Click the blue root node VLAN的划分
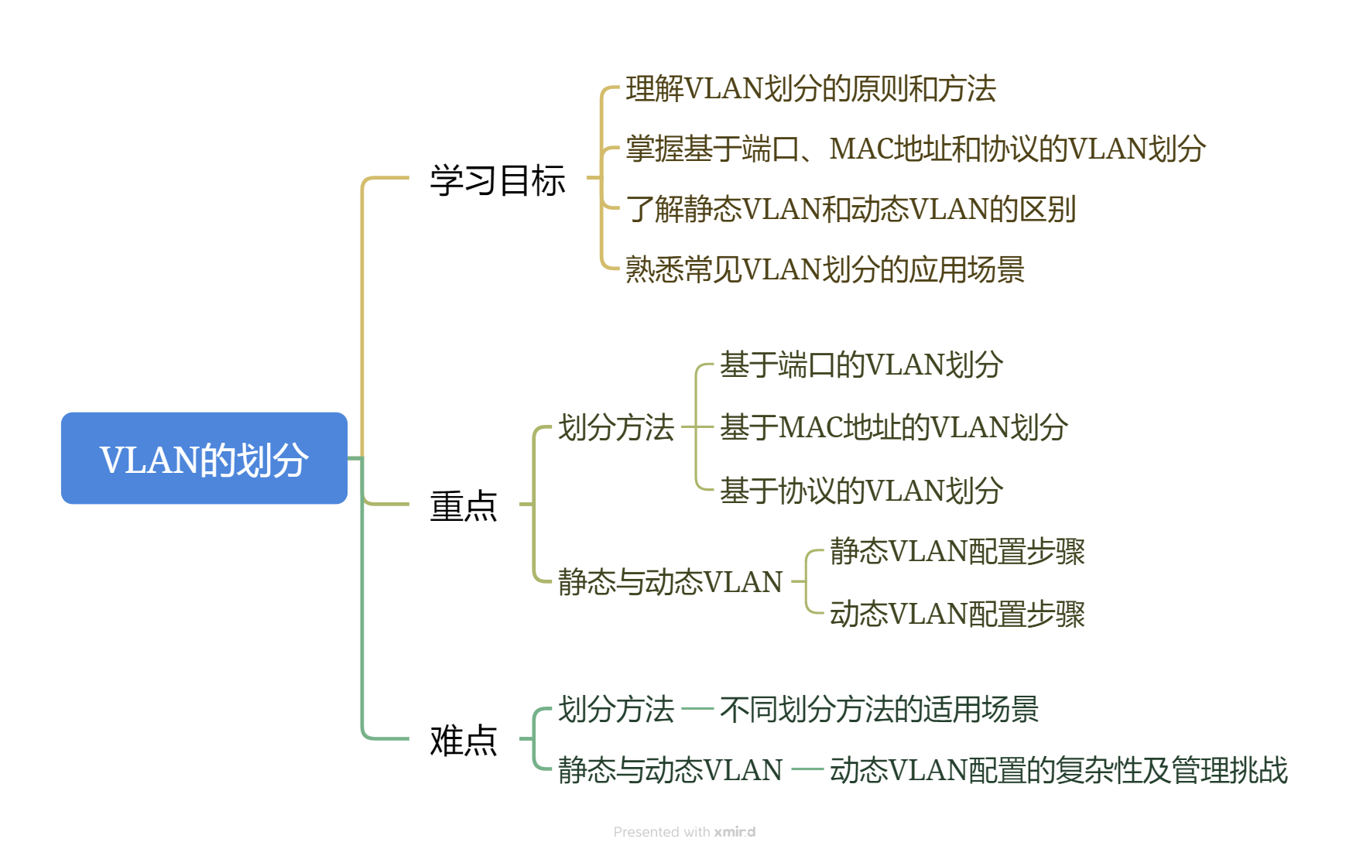[204, 459]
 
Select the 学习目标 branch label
[498, 180]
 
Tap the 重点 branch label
[464, 506]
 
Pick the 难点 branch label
[464, 740]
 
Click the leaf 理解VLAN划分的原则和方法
[810, 89]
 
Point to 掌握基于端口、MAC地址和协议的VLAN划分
[915, 149]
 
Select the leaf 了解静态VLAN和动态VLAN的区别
[851, 209]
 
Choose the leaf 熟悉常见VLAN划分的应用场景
[824, 269]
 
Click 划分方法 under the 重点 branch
[616, 427]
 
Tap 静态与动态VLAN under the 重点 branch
[670, 582]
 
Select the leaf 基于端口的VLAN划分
[861, 365]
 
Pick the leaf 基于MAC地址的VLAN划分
[894, 427]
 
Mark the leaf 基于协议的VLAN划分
[861, 491]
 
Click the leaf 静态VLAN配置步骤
[957, 551]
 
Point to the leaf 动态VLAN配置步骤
[957, 614]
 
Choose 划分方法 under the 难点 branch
[616, 709]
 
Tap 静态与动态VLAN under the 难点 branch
[670, 770]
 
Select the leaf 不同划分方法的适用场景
[879, 709]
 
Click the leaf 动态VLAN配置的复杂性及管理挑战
[1058, 770]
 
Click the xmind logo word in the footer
[735, 832]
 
